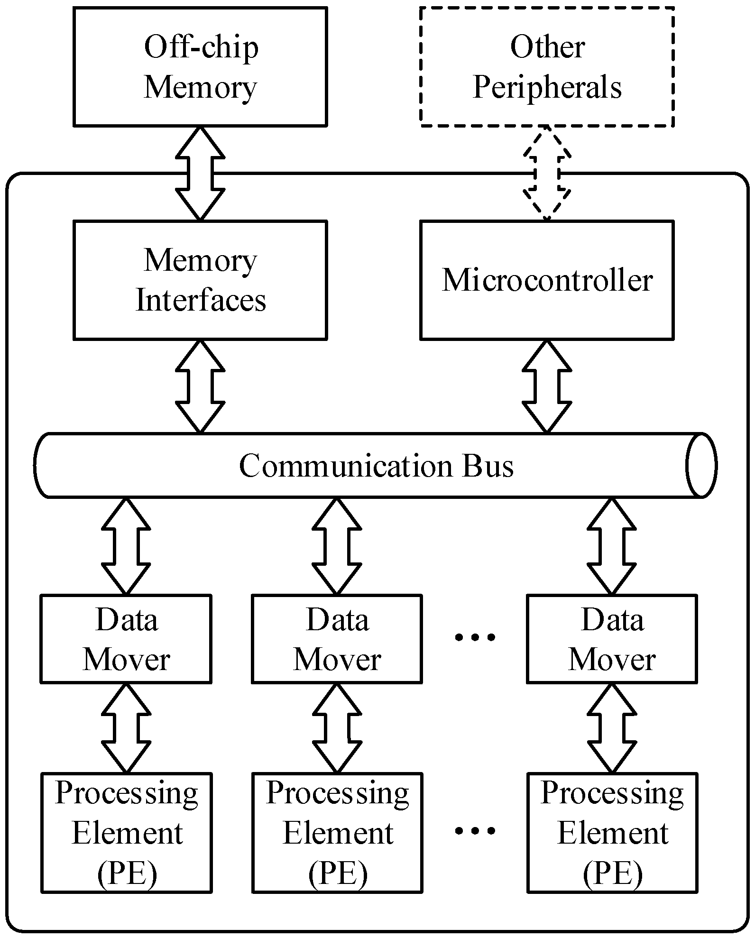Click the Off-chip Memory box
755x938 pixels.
[200, 67]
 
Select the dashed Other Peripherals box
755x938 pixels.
[547, 67]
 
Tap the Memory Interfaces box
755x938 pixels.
[200, 280]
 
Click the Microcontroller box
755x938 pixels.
[547, 280]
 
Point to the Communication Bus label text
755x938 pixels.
[376, 466]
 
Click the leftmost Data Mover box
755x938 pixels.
[126, 639]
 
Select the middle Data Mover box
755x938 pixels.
[337, 639]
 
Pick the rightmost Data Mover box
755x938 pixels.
[612, 639]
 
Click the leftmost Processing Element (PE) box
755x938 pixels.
[127, 833]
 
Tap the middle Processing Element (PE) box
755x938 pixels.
[337, 833]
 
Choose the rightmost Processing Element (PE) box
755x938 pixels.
[612, 833]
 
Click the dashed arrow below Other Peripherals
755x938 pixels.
[547, 173]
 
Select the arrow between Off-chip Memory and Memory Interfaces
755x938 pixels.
[200, 173]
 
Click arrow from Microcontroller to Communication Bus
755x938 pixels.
[547, 386]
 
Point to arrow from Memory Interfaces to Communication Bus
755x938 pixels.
[200, 386]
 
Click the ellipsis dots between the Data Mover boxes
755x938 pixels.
[475, 637]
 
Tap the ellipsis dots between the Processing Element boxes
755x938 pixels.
[475, 830]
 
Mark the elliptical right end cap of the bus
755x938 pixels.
[701, 465]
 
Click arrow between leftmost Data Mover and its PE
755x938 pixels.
[126, 727]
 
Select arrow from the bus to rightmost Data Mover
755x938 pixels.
[612, 546]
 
